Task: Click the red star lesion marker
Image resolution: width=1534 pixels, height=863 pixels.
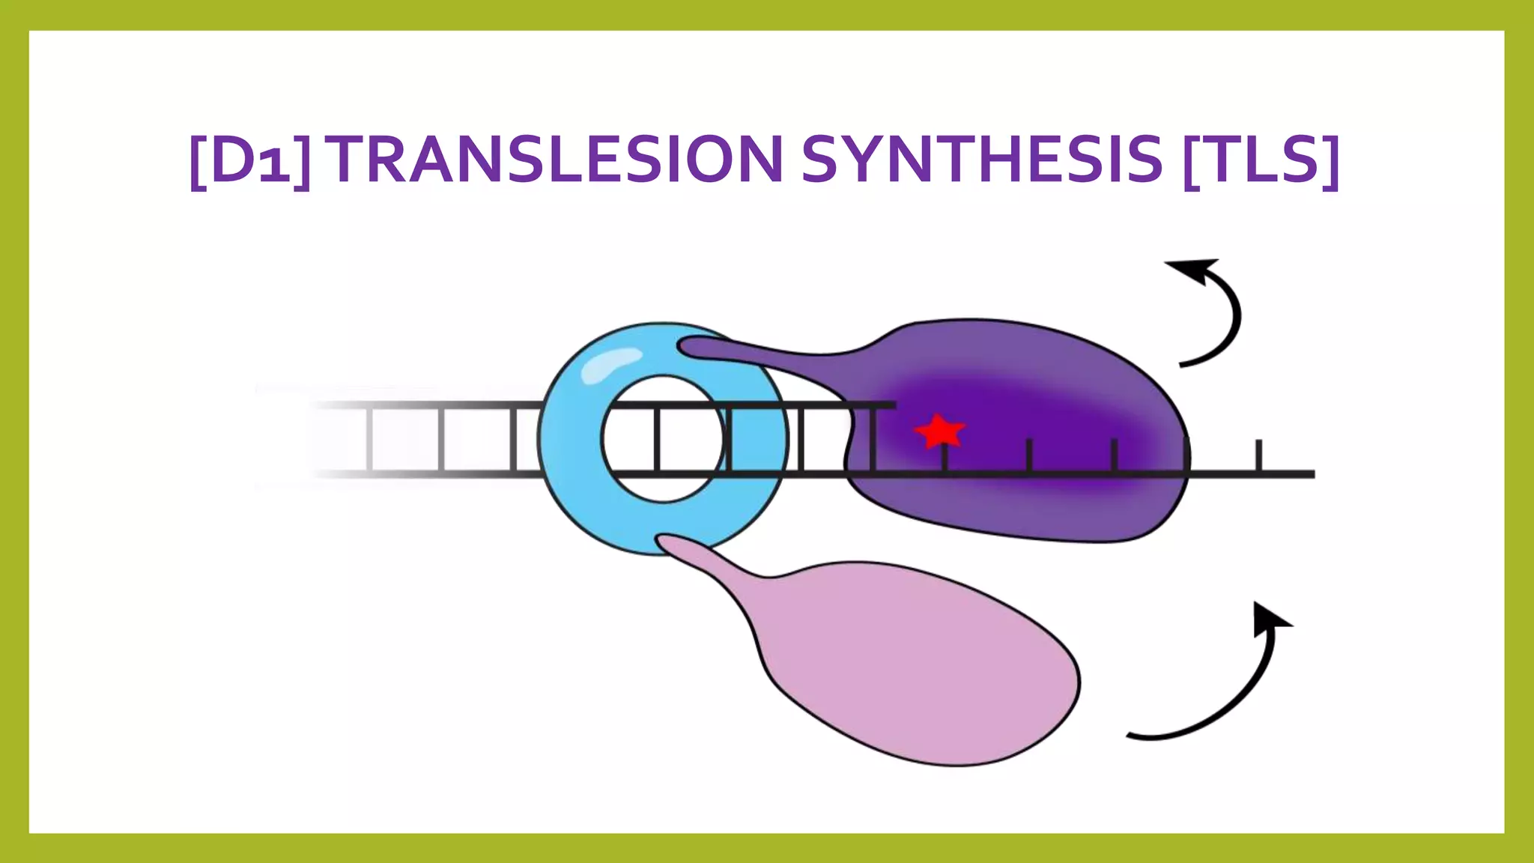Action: (939, 431)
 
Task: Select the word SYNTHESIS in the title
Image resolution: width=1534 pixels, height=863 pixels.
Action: (981, 160)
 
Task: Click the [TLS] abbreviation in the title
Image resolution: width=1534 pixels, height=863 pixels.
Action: (1261, 160)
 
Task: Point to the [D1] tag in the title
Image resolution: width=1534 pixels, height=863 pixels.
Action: (250, 160)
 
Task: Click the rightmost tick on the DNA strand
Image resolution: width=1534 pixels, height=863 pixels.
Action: (1258, 455)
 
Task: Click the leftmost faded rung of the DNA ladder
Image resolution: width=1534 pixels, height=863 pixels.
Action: (369, 439)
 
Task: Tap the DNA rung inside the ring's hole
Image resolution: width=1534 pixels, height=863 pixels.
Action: (657, 439)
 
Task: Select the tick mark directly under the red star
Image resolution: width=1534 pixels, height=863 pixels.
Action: (945, 458)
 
